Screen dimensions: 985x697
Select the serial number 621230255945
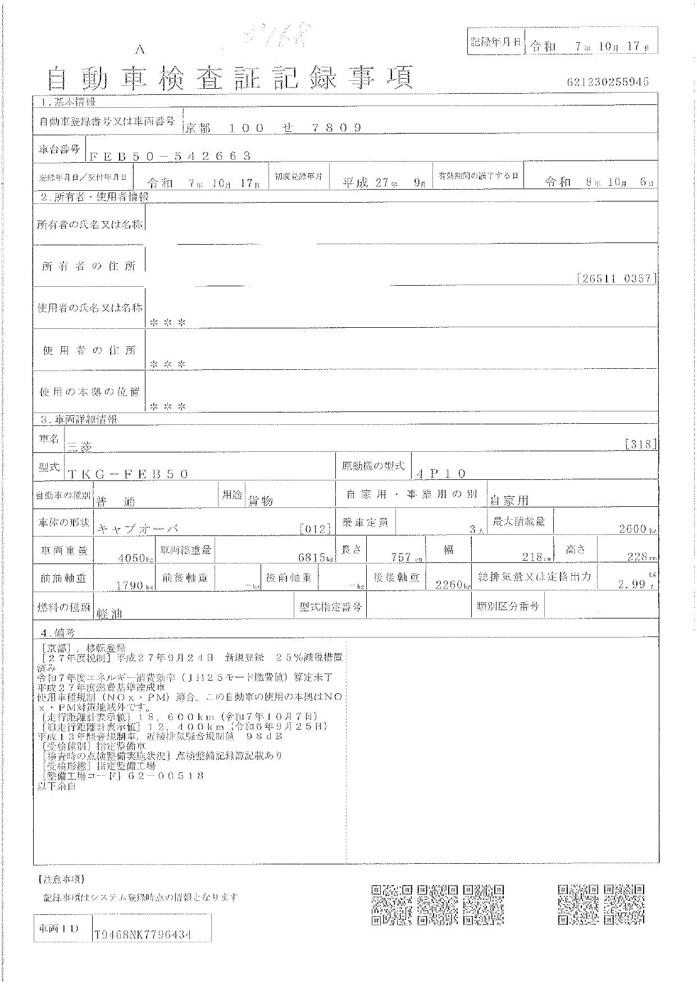point(608,82)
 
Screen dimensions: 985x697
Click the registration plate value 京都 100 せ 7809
point(273,128)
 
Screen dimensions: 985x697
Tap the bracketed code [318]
point(640,443)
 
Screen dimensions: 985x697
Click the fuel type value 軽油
point(110,613)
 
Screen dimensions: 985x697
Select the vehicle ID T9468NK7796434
point(143,934)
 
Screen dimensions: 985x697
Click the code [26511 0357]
point(617,278)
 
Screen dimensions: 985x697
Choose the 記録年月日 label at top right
point(494,42)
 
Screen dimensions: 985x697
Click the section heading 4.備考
point(56,632)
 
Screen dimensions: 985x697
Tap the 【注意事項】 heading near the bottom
point(60,878)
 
